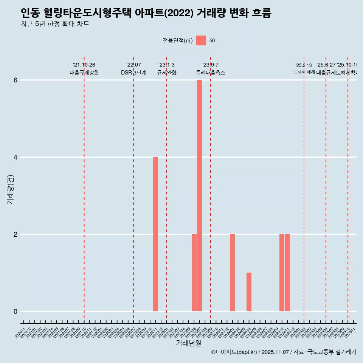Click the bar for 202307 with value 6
tap(199, 195)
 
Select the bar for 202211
tap(155, 234)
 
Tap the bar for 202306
tap(194, 272)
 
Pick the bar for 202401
tap(232, 272)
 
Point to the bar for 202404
tap(249, 292)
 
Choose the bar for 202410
tap(282, 272)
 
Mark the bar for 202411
tap(287, 272)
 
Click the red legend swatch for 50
tap(201, 40)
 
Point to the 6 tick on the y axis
tap(16, 80)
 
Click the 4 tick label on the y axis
tap(16, 157)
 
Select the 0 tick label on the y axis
tap(16, 311)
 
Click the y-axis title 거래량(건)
tap(10, 189)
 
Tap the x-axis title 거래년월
tap(188, 343)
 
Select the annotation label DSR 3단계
tap(133, 73)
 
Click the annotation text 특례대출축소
tap(210, 73)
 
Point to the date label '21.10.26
tap(84, 65)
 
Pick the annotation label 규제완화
tap(166, 73)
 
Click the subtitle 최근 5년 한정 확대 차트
tap(55, 24)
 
